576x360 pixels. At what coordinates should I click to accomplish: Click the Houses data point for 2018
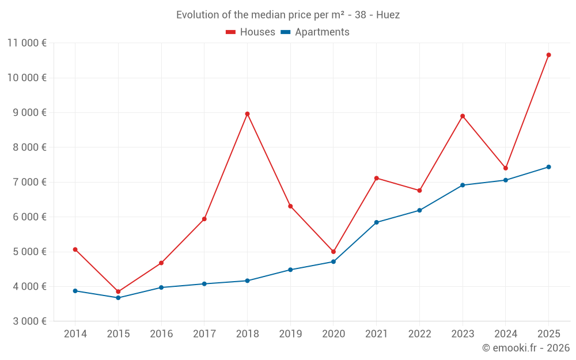tap(247, 114)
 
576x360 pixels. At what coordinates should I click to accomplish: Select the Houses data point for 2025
tap(548, 55)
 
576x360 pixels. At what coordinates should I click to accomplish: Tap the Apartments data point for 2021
tap(376, 222)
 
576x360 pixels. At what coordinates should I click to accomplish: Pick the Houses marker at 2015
tap(118, 291)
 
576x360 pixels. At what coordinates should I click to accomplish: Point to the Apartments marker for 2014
tap(75, 291)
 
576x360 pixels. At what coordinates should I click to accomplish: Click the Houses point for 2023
tap(463, 116)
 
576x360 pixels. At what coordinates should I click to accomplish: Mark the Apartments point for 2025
tap(548, 167)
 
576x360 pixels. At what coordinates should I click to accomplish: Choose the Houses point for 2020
tap(334, 252)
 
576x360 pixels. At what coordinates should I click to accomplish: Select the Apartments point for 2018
tap(247, 281)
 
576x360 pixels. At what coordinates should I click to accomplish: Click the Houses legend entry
tap(251, 32)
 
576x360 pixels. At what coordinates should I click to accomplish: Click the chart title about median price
tap(288, 15)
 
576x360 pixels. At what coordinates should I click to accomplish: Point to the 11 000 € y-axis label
tap(27, 43)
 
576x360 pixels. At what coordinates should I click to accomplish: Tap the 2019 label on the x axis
tap(290, 334)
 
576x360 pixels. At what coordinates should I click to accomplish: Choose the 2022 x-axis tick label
tap(419, 334)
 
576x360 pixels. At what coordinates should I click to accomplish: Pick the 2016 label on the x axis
tap(161, 334)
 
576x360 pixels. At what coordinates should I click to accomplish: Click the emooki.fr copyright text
tap(525, 348)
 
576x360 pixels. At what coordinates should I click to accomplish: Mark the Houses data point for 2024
tap(506, 168)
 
